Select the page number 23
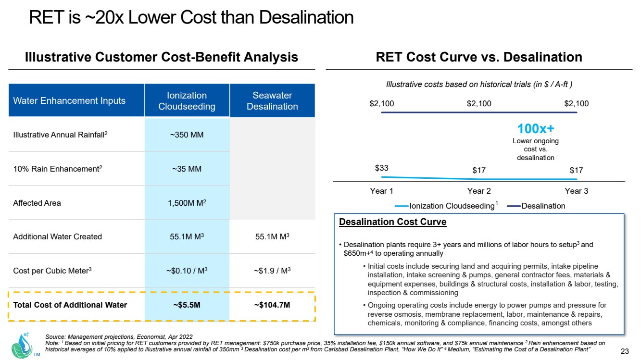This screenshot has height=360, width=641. (625, 350)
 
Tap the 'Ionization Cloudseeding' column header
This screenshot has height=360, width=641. (187, 101)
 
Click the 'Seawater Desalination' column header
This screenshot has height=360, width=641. (272, 101)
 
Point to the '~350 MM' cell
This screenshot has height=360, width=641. (187, 135)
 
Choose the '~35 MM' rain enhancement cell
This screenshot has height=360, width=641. (187, 169)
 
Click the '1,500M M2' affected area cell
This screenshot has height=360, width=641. (187, 203)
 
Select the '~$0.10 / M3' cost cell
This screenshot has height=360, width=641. (187, 270)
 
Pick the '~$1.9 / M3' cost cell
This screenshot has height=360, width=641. (272, 270)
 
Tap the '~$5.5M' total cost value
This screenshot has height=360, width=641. (187, 305)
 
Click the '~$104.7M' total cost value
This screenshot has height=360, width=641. (272, 305)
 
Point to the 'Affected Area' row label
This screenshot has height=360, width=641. (37, 203)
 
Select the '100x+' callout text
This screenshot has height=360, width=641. (536, 129)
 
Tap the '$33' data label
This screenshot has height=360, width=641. (381, 168)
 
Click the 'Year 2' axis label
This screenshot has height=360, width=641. (479, 191)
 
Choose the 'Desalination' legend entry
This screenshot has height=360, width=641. (542, 206)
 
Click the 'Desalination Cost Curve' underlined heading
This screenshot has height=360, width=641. (392, 222)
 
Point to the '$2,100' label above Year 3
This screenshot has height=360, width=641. (576, 104)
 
